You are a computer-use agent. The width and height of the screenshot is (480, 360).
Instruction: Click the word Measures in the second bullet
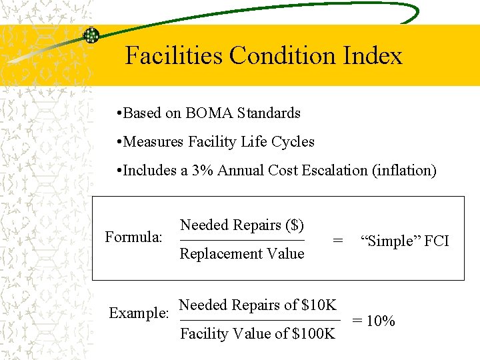pyautogui.click(x=153, y=141)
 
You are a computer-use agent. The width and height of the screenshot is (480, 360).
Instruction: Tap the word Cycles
pyautogui.click(x=291, y=141)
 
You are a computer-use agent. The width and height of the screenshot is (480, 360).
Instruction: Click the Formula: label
pyautogui.click(x=134, y=237)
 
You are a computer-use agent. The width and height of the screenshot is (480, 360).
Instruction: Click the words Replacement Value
pyautogui.click(x=242, y=253)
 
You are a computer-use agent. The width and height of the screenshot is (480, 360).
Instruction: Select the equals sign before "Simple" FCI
pyautogui.click(x=339, y=241)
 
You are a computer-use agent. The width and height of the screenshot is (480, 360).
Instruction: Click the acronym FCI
pyautogui.click(x=436, y=241)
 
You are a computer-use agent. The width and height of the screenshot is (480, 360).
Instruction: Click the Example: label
pyautogui.click(x=138, y=313)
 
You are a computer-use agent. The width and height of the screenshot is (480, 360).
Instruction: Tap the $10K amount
pyautogui.click(x=319, y=305)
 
